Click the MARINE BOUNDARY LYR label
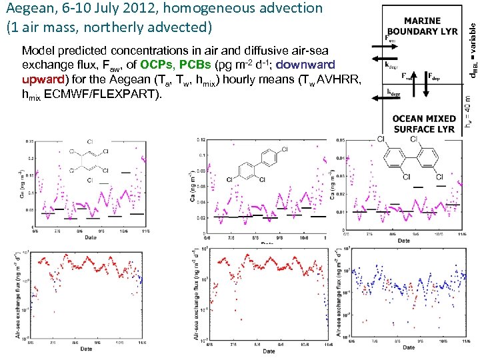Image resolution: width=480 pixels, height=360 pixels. (x=422, y=26)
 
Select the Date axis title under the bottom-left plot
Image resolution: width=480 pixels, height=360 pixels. (x=86, y=349)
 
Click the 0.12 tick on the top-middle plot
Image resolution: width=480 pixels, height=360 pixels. (x=201, y=140)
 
